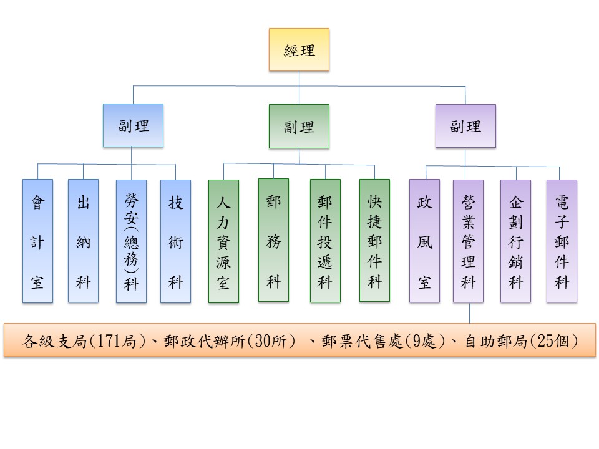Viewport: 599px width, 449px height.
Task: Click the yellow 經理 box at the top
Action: coord(299,50)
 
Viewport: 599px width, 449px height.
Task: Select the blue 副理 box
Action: coord(133,125)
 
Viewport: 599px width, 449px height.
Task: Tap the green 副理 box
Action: coord(299,126)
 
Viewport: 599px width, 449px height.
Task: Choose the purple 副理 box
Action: coord(465,126)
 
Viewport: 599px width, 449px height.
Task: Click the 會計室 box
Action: coord(37,241)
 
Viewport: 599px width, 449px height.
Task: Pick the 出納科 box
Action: coord(83,241)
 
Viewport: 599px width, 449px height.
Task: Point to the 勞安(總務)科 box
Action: coord(131,241)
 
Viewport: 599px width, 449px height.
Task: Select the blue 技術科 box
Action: coord(175,241)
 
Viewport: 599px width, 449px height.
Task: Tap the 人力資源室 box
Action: coord(223,241)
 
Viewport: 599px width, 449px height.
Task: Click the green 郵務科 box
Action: coord(273,240)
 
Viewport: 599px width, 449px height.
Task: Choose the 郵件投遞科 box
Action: coord(325,241)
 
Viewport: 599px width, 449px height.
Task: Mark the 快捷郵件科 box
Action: coord(374,241)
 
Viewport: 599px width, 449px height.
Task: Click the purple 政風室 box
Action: coord(424,241)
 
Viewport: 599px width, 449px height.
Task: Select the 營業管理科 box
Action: coord(468,241)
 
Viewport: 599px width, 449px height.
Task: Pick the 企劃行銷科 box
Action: coord(515,241)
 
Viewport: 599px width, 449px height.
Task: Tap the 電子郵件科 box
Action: coord(562,241)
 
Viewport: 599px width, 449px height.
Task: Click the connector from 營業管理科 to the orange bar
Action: coord(469,313)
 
